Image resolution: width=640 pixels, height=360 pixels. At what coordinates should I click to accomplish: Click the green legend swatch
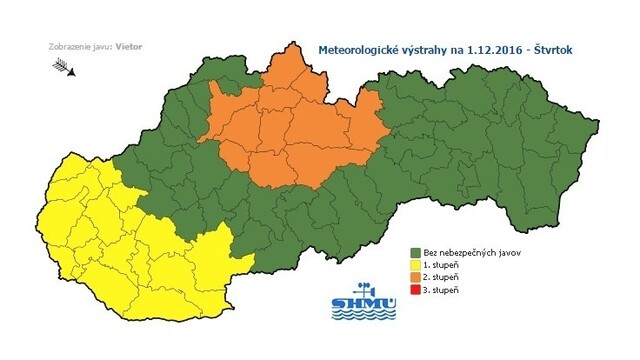tap(416, 253)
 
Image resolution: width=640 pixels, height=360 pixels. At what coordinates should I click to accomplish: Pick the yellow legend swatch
tap(416, 265)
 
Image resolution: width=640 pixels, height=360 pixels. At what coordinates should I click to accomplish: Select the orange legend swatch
tap(416, 277)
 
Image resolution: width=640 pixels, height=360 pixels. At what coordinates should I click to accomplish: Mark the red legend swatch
tap(416, 289)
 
